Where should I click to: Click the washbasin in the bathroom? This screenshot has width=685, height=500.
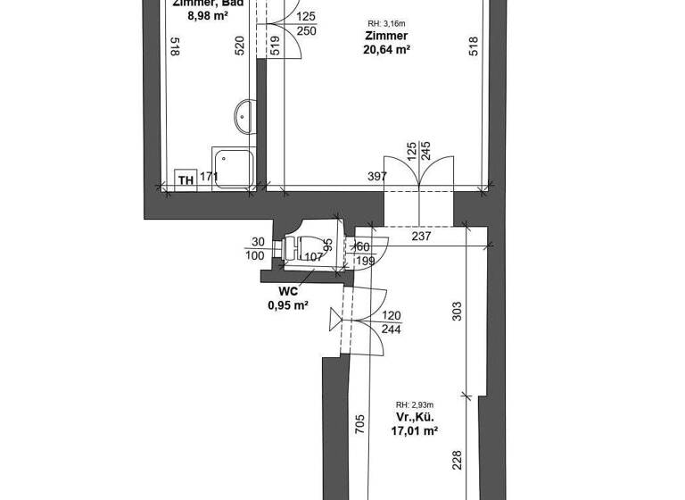pyautogui.click(x=244, y=114)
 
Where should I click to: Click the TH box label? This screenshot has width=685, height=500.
pyautogui.click(x=186, y=180)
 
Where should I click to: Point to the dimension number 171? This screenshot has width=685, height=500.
pyautogui.click(x=209, y=177)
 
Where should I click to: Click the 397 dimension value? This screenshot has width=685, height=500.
pyautogui.click(x=377, y=177)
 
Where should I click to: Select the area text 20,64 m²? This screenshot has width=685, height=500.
pyautogui.click(x=385, y=51)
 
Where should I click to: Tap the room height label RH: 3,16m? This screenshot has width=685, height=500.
pyautogui.click(x=385, y=23)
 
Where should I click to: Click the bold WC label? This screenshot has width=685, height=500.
pyautogui.click(x=288, y=291)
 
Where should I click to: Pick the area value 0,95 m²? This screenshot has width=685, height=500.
pyautogui.click(x=288, y=305)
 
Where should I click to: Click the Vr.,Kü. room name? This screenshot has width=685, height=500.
pyautogui.click(x=414, y=416)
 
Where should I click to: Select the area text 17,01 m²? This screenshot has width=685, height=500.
pyautogui.click(x=414, y=430)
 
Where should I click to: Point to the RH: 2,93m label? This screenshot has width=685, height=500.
pyautogui.click(x=414, y=404)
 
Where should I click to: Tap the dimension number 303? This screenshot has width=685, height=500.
pyautogui.click(x=456, y=312)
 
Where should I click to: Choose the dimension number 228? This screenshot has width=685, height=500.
pyautogui.click(x=456, y=461)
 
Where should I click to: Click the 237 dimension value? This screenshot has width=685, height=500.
pyautogui.click(x=422, y=237)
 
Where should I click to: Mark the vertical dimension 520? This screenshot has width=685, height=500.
pyautogui.click(x=240, y=47)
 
